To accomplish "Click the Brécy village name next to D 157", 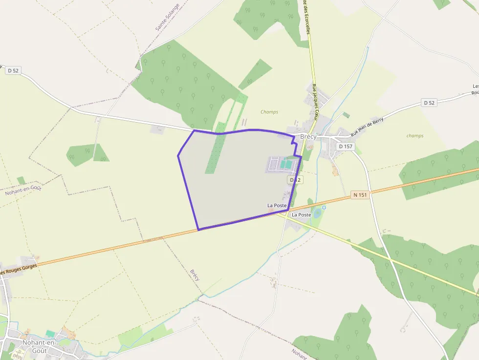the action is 308,137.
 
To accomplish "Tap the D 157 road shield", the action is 345,147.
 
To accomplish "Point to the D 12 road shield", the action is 295,180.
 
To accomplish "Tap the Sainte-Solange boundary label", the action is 167,18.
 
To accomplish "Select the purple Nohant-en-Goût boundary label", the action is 22,190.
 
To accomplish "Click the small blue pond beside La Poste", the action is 317,213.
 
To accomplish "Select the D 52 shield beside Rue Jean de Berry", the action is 429,103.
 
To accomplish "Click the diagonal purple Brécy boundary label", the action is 195,275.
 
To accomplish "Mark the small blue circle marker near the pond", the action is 324,208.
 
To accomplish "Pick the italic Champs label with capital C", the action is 269,112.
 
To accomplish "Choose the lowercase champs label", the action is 415,136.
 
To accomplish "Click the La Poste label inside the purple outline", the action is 277,206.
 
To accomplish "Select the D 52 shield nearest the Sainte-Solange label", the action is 13,70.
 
